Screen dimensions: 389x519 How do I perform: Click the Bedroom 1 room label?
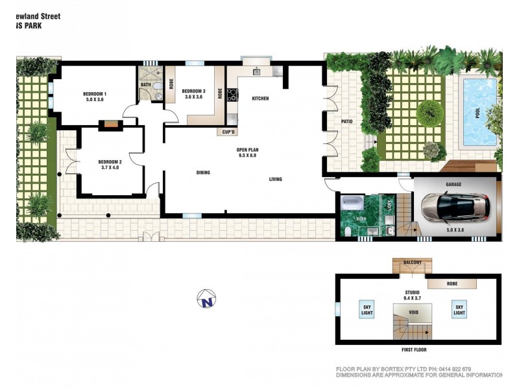coord(95,95)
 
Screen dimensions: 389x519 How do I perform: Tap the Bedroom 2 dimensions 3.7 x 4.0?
coord(110,167)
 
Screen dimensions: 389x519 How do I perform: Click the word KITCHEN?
coord(260,99)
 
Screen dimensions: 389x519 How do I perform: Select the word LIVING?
coord(276,180)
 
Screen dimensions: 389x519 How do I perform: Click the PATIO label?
coord(346,121)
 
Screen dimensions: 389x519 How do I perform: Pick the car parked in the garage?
coord(455,207)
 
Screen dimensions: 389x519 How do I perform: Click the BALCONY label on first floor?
coord(413,263)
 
